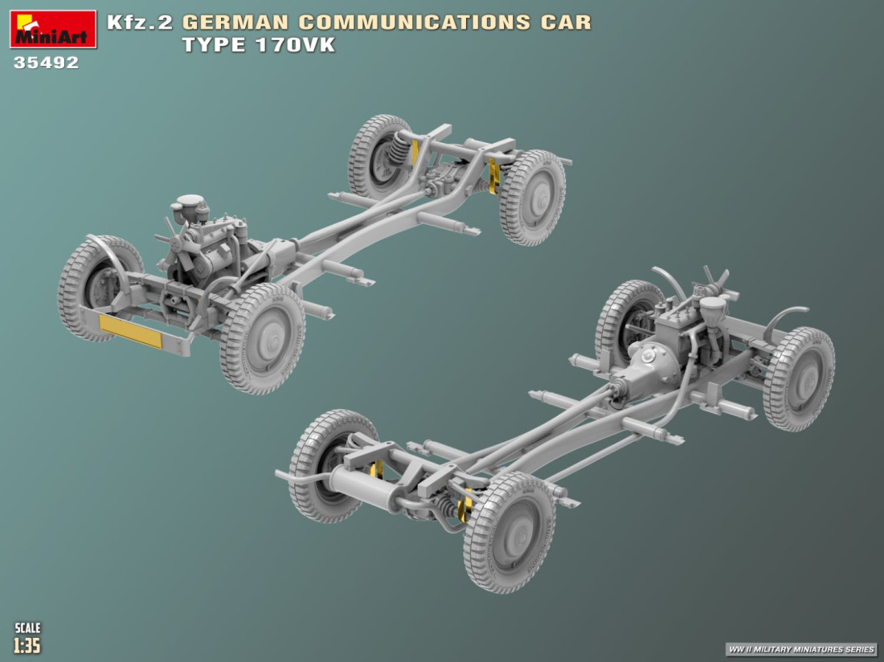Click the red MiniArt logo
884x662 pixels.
click(53, 29)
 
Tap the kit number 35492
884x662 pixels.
click(47, 63)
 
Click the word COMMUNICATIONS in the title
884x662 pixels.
click(415, 22)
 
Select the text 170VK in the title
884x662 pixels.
click(295, 44)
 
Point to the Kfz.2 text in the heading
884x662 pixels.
click(140, 22)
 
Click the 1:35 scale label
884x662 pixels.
click(27, 645)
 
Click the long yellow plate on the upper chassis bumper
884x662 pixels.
click(130, 331)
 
